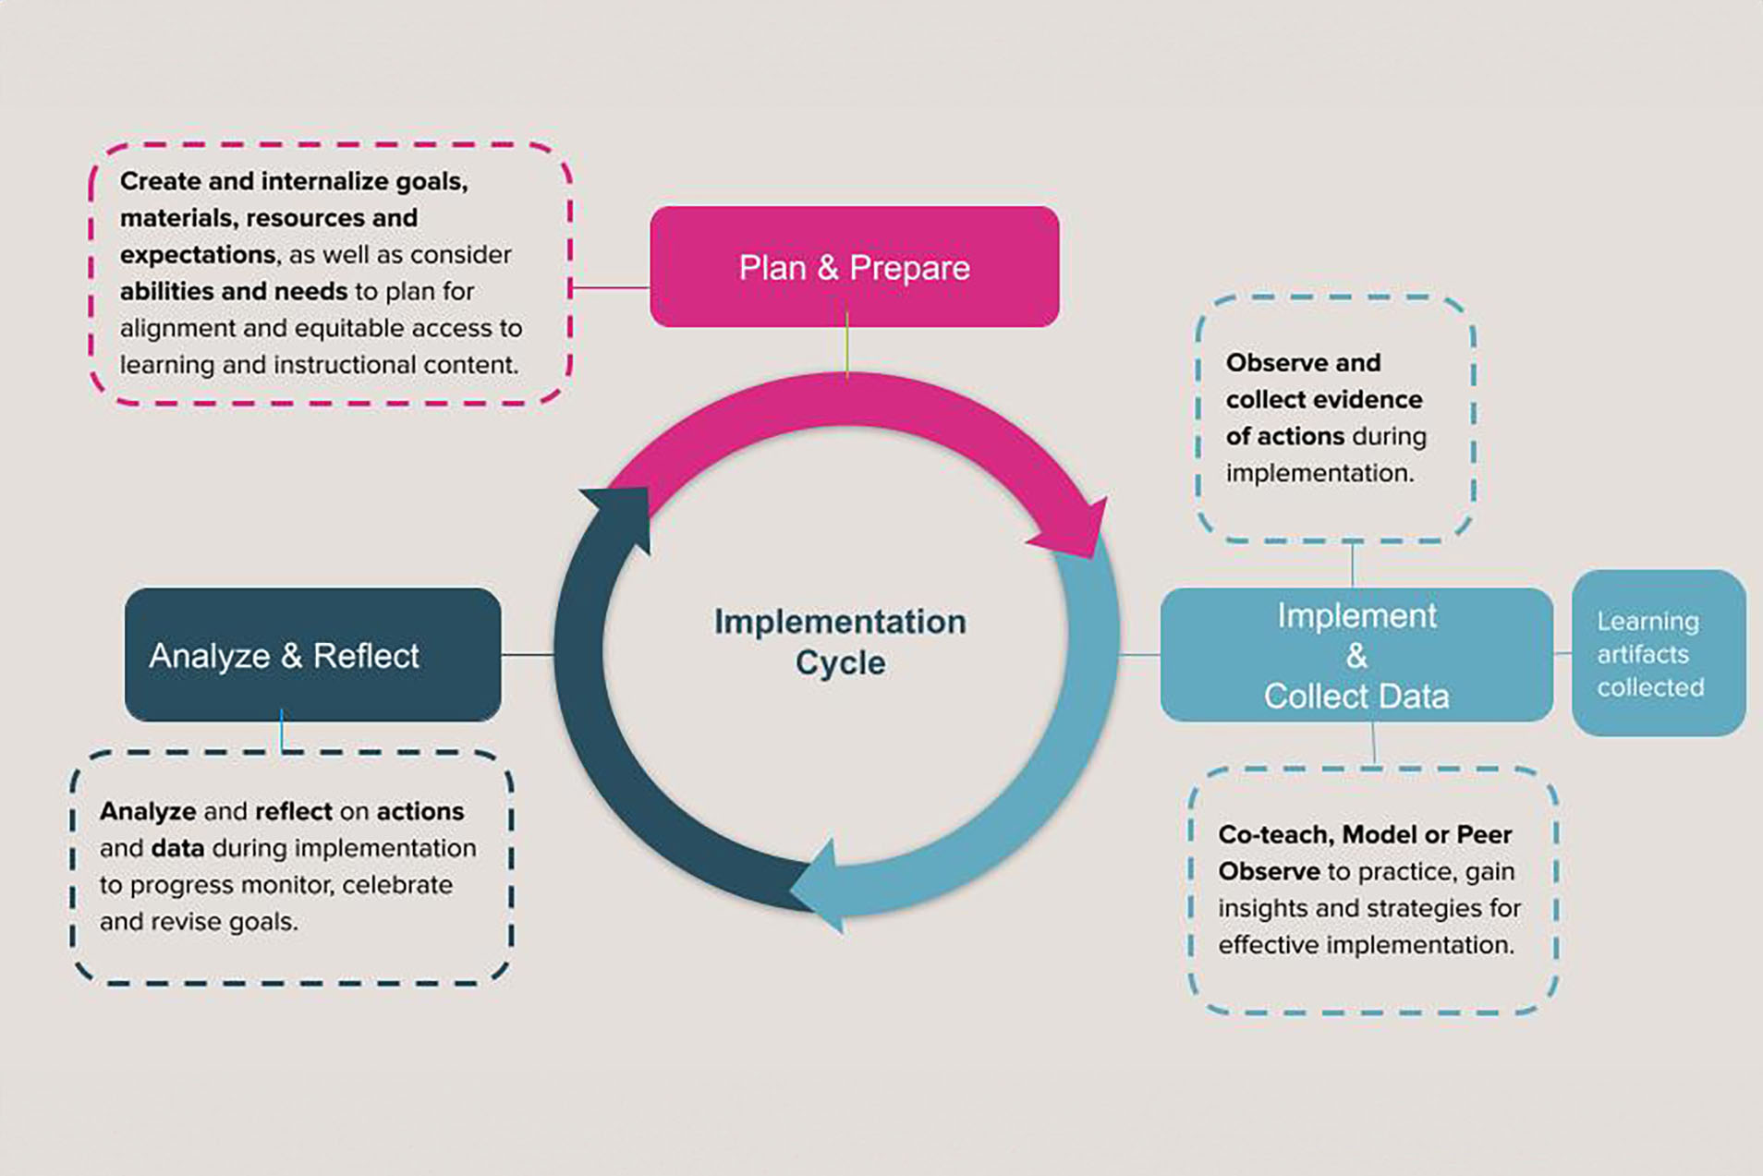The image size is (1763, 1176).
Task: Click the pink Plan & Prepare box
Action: coord(854,266)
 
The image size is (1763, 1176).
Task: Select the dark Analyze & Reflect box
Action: coord(312,654)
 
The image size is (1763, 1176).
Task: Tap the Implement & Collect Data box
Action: coord(1356,654)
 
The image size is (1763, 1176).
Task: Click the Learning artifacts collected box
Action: coord(1658,653)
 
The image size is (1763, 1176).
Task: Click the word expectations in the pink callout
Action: coord(197,254)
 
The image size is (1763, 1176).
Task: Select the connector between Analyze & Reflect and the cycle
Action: coord(528,654)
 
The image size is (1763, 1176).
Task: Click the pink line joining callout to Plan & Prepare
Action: coord(610,287)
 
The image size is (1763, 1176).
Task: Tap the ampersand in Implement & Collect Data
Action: coord(1356,656)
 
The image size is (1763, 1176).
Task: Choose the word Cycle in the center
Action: coord(840,662)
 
